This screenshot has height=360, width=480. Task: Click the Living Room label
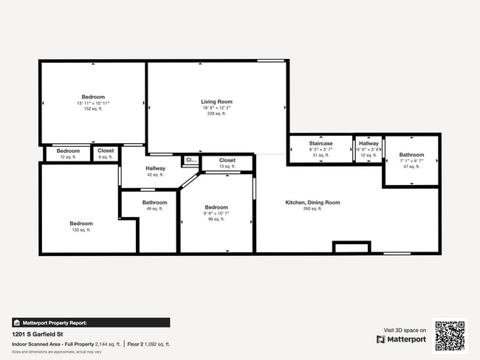(x=216, y=102)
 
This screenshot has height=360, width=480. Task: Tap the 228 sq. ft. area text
(x=216, y=114)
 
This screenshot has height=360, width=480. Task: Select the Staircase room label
(x=320, y=143)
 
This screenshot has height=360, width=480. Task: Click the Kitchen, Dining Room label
(x=312, y=202)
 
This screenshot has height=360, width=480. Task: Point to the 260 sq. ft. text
(x=312, y=209)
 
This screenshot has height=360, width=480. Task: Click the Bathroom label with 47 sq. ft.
(x=412, y=155)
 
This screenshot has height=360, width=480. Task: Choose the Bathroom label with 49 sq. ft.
(x=155, y=202)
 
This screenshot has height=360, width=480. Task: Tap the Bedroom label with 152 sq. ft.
(x=93, y=97)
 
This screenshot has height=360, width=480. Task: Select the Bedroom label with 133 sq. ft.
(x=81, y=224)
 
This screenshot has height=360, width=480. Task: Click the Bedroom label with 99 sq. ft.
(x=216, y=207)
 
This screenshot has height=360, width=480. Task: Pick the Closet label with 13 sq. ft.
(x=227, y=160)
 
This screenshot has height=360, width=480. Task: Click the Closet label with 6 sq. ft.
(x=106, y=150)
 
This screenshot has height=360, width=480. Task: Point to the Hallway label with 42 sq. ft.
(x=155, y=168)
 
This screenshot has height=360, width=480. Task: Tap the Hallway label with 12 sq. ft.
(x=368, y=143)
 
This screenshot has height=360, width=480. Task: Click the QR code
(x=450, y=335)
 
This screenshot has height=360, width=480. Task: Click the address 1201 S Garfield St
(x=35, y=334)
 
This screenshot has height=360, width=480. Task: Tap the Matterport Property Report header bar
(x=91, y=322)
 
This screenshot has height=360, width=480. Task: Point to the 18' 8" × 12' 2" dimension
(x=216, y=108)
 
